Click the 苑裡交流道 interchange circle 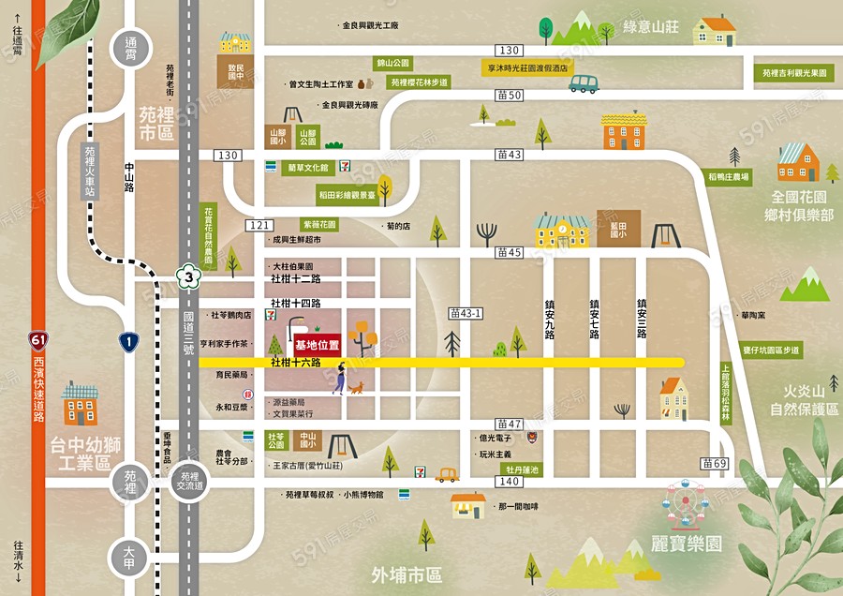[191, 481]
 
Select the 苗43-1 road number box [464, 312]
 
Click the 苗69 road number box [715, 464]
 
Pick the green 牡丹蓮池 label [523, 469]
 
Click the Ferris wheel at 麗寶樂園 [688, 507]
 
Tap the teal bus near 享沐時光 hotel [584, 84]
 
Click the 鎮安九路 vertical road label [550, 319]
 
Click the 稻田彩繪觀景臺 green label [347, 196]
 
